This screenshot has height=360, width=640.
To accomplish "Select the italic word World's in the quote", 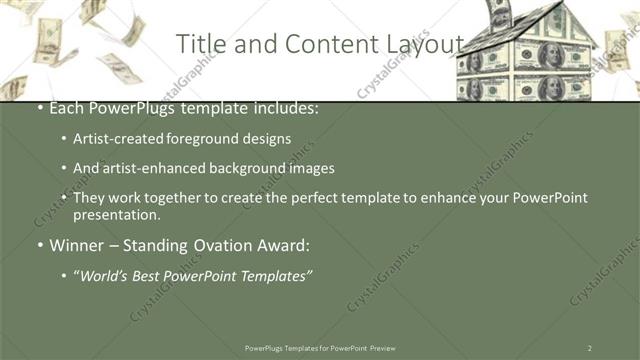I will (x=105, y=275).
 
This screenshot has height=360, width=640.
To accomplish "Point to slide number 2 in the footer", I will (x=589, y=347).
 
